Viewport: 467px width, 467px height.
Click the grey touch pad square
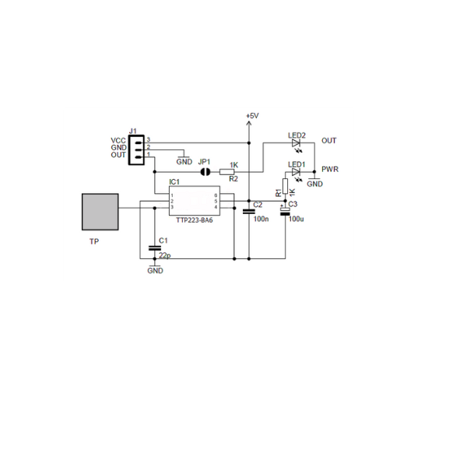100,212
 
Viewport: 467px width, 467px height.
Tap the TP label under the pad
93,242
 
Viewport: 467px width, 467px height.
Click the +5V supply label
251,116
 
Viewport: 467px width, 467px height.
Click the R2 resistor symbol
230,170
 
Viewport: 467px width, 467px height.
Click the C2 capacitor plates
249,211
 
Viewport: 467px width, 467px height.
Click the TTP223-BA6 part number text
194,220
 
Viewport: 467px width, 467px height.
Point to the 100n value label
262,219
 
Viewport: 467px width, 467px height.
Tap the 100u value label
296,219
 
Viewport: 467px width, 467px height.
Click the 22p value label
163,255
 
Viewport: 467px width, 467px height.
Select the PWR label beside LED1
329,170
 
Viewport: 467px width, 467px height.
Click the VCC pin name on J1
118,141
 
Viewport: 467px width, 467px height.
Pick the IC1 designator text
174,182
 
